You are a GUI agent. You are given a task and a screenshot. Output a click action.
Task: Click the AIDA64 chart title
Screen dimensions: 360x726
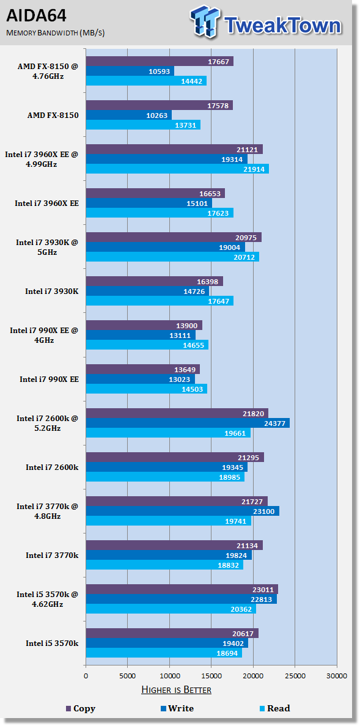point(36,16)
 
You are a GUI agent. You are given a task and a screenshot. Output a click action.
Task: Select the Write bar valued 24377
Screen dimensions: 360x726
point(188,423)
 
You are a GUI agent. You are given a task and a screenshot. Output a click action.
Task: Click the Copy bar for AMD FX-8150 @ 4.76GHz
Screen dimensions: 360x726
point(160,62)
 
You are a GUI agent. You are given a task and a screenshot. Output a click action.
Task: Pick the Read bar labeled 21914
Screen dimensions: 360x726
point(177,169)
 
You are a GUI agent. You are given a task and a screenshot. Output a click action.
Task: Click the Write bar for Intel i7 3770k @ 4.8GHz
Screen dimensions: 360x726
point(183,511)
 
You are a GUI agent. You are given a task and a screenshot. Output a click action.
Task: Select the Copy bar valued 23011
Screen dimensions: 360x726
point(182,589)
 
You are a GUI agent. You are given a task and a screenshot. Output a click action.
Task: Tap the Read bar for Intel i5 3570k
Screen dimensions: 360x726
point(164,653)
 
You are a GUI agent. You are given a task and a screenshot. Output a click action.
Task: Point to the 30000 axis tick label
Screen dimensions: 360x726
point(337,675)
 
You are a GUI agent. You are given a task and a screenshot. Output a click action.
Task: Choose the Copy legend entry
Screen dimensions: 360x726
point(81,708)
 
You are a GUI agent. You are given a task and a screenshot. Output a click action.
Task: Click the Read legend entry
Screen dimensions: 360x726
point(275,708)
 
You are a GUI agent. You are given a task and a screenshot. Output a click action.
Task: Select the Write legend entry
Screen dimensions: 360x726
point(177,708)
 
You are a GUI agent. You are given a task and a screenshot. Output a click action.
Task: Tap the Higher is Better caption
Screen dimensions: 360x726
point(176,690)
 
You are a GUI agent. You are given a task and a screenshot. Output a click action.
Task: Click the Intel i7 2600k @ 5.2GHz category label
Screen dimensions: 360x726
point(48,423)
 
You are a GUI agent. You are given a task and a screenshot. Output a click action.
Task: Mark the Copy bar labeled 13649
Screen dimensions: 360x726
point(142,370)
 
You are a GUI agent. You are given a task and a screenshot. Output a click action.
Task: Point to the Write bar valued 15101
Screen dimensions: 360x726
point(149,204)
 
